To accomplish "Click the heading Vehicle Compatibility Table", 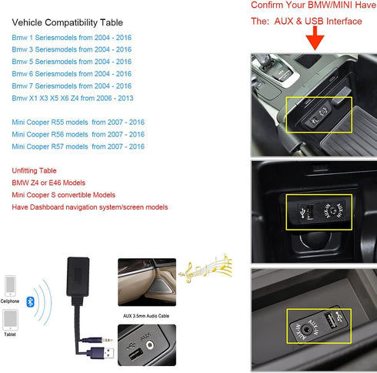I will (67, 23).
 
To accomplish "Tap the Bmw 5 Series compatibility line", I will (72, 62).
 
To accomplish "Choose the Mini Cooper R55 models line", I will (78, 122).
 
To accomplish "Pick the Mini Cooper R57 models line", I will (78, 146).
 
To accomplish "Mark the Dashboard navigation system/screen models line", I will (90, 207).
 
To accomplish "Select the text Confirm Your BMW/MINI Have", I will (313, 6).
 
